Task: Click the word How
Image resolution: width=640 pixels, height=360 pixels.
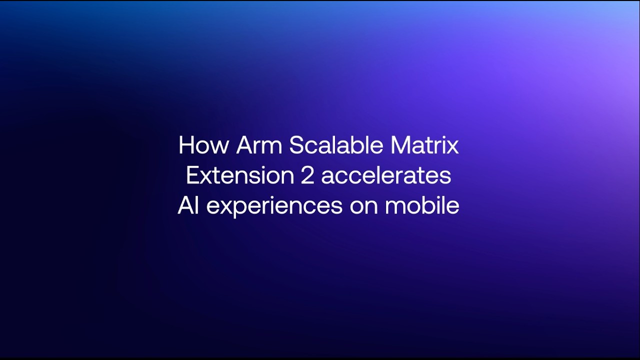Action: tap(203, 145)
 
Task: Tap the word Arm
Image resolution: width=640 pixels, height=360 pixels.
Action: tap(259, 145)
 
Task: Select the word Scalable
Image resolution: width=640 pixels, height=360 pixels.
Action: tap(336, 145)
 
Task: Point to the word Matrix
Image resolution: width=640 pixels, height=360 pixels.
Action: tap(424, 145)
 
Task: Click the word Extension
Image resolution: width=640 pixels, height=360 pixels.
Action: tap(240, 175)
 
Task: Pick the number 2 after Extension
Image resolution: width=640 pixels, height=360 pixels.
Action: tap(307, 175)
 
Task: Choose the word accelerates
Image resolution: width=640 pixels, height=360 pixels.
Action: tap(386, 175)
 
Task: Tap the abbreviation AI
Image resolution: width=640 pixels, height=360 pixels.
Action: tap(188, 205)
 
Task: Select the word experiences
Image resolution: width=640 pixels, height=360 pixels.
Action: tap(274, 207)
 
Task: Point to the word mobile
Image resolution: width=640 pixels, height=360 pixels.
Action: tap(422, 205)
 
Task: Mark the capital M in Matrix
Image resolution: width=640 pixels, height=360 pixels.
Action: tap(400, 145)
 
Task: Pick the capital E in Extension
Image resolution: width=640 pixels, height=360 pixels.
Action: tap(193, 175)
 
